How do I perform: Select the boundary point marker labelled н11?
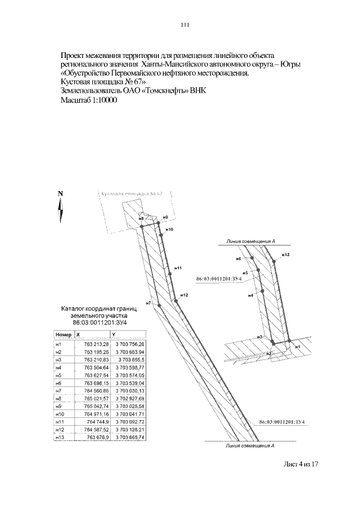pyautogui.click(x=169, y=272)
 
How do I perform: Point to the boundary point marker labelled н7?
pyautogui.click(x=160, y=305)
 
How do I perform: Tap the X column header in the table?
pyautogui.click(x=86, y=334)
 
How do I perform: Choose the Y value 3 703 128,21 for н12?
pyautogui.click(x=130, y=429)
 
